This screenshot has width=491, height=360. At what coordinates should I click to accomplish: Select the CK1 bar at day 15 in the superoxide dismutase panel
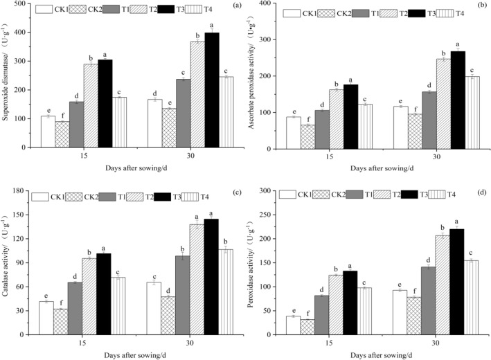tap(48, 132)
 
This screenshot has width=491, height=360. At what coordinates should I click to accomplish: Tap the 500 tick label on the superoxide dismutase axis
tap(24, 4)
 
